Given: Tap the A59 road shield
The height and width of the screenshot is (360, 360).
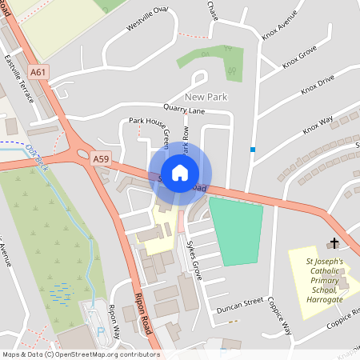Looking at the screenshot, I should click(x=101, y=159).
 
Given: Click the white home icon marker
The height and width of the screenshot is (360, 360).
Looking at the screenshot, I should click(x=180, y=172).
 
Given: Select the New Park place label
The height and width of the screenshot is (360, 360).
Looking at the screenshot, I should click(x=206, y=97).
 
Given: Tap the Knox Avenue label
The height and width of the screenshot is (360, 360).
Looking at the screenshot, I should click(x=279, y=23).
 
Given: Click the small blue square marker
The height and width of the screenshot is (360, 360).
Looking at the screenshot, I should click(x=253, y=149).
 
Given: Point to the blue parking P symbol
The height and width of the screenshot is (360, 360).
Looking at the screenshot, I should click(x=100, y=330).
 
